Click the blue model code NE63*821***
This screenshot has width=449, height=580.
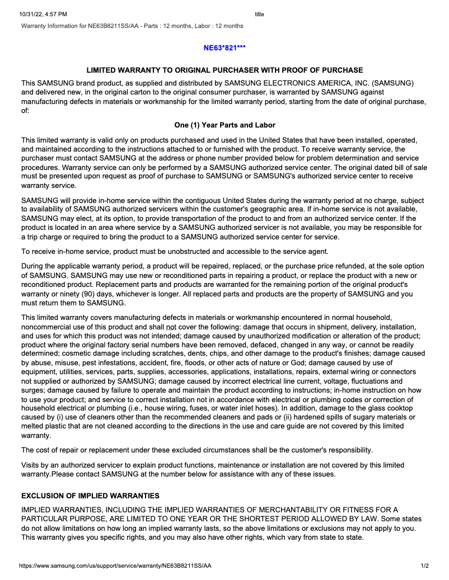tap(225, 48)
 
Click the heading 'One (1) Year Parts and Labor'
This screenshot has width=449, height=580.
tap(225, 125)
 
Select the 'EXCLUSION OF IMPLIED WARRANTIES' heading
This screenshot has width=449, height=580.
tap(90, 496)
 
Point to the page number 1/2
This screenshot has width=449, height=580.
tap(425, 566)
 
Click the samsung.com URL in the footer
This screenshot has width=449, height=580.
tap(115, 566)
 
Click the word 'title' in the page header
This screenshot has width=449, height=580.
tap(259, 14)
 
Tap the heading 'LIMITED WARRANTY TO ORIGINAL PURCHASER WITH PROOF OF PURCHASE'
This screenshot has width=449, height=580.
tap(225, 70)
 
